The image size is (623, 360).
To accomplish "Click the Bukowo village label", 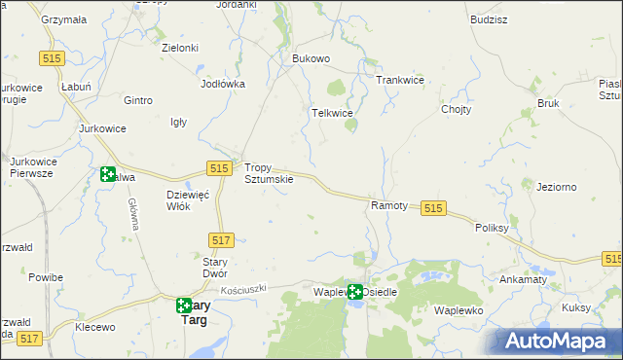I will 311,58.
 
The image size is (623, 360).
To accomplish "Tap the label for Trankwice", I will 400,80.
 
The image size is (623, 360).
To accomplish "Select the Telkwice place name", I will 331,113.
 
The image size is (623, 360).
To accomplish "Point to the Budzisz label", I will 488,19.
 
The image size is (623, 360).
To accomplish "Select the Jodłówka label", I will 222,84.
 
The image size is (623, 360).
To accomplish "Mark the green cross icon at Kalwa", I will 108,175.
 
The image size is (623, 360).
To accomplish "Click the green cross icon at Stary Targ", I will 184,306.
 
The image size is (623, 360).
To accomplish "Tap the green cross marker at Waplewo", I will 355,291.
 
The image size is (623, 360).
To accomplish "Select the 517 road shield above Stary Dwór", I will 221,239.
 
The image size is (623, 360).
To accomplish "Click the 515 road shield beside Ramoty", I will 434,208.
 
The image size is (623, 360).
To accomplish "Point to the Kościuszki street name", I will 250,290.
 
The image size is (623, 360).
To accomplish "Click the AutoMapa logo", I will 558,341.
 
